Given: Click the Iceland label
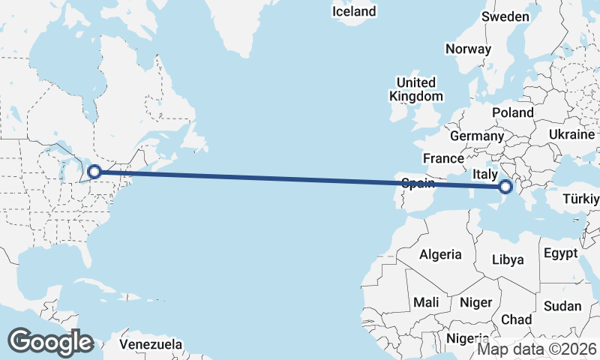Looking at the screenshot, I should coord(355,11).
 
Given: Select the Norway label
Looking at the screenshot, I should coord(468,49).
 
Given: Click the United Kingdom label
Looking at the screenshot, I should coord(415,89).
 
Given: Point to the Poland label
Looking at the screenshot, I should coord(513,112).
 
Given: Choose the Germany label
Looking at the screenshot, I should coord(476,136).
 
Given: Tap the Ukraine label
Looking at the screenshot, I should coord(572,133).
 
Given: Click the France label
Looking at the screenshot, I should coord(443,158).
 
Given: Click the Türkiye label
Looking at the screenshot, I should coord(583,199).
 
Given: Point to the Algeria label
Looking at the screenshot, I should coord(440,254).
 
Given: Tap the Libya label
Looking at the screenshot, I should coord(508,260).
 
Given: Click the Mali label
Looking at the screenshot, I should coord(425,302).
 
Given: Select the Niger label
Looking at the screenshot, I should coord(475,302).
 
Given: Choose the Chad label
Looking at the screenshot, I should coord(516,319).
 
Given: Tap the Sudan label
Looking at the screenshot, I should coord(562,306).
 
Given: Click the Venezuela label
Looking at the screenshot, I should coord(151,344).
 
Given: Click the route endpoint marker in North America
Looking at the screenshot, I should coord(94,172).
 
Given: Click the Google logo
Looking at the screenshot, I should coord(50,341).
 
